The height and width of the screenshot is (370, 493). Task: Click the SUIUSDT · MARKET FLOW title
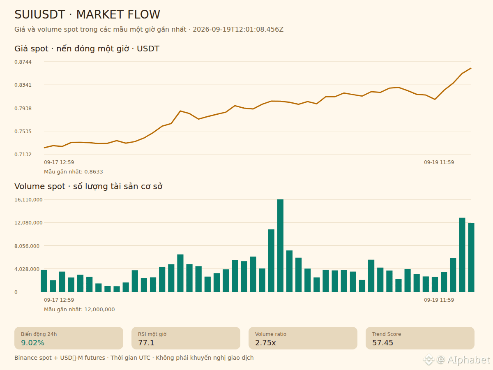coord(87,14)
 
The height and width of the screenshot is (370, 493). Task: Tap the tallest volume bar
coord(280,245)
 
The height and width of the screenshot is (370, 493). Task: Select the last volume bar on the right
coord(471,257)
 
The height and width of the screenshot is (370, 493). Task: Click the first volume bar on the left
coord(44,281)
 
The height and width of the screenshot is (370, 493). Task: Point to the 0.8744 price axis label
coord(23,62)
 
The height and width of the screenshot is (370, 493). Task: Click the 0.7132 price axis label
coord(23,155)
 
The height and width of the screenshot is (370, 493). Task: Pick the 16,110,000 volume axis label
coord(28,199)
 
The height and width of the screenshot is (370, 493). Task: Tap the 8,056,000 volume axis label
coord(27,246)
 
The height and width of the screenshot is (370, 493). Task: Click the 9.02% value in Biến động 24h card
coord(32,343)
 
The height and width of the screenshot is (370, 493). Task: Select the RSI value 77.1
coord(146,343)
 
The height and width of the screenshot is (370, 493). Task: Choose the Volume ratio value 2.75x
coord(265,343)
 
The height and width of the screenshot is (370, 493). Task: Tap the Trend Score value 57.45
coord(382,343)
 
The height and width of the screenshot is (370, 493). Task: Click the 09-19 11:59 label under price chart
coord(439,162)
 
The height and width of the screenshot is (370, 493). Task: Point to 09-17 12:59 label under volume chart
coord(59,300)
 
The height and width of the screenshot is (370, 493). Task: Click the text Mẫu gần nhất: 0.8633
coord(73,171)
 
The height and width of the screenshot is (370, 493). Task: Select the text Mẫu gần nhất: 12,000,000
coord(79,309)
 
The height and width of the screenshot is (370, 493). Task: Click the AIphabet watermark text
coord(468,360)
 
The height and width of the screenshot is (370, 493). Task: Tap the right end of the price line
coord(471,68)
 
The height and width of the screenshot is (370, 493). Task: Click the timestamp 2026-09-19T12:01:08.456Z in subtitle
coord(238,30)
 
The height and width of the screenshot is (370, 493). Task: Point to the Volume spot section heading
coord(88,187)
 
